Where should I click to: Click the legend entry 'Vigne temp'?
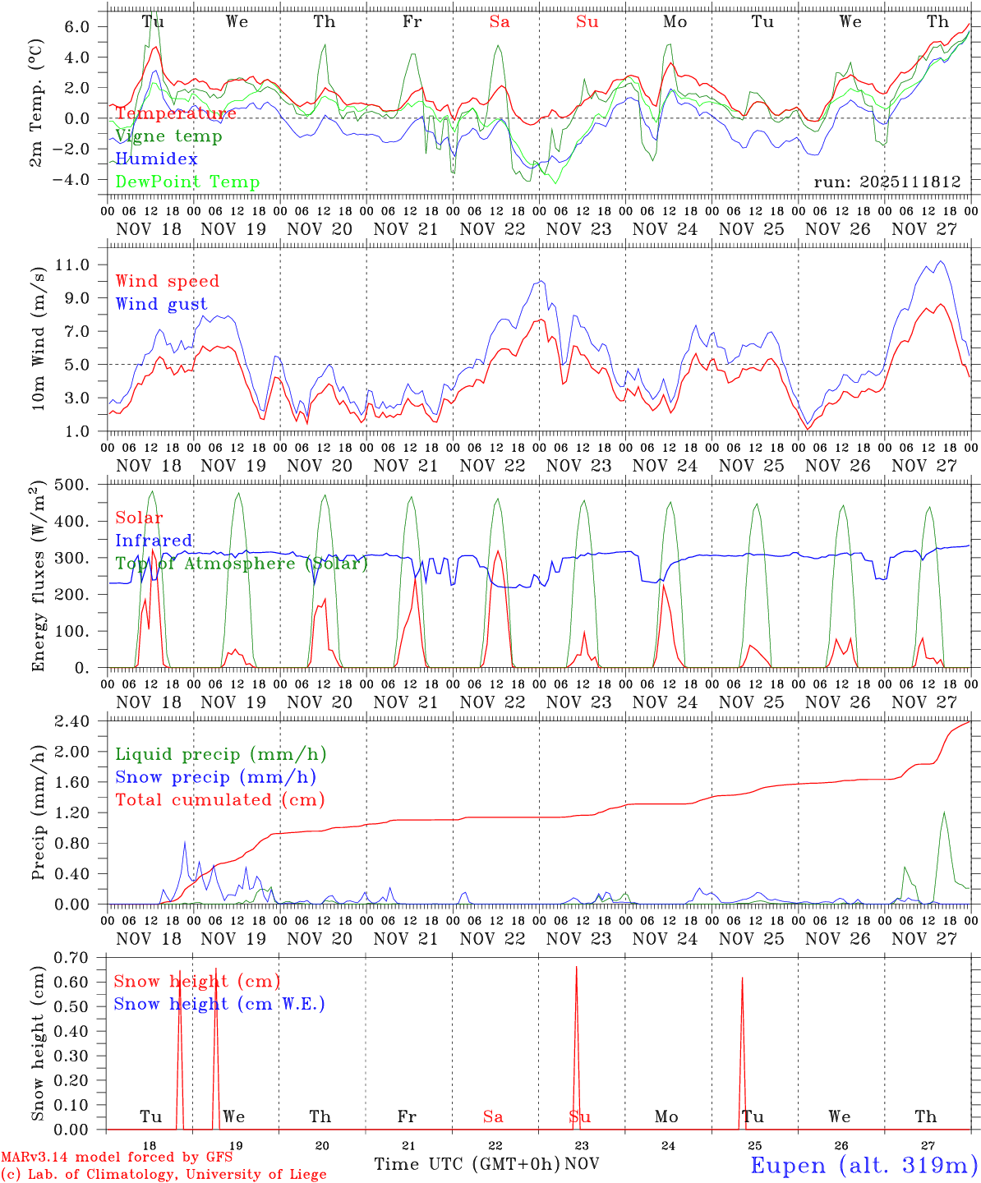[168, 136]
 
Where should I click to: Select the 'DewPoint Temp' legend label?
[187, 182]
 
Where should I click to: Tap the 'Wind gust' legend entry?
[161, 304]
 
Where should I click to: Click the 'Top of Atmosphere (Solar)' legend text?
[242, 564]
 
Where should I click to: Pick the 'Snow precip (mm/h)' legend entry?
[215, 777]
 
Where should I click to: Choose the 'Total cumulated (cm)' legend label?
[219, 800]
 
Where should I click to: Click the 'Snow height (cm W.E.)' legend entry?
[219, 1004]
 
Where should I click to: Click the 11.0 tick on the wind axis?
[82, 265]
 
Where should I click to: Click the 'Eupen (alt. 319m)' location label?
[864, 1165]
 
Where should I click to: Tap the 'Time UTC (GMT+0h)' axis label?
[467, 1164]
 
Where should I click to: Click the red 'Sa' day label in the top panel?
[500, 22]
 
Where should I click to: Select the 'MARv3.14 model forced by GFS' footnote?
[116, 1158]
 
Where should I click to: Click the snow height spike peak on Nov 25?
[742, 978]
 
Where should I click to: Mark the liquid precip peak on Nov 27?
[944, 812]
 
